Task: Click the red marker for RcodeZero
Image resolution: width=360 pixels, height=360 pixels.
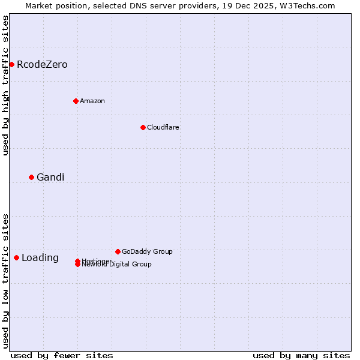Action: tap(11, 64)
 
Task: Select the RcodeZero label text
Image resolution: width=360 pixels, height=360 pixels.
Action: tap(42, 65)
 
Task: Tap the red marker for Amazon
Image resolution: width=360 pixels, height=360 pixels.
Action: tap(76, 101)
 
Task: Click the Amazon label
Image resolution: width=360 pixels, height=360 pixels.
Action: tap(92, 101)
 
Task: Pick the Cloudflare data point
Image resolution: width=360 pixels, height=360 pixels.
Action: tap(143, 127)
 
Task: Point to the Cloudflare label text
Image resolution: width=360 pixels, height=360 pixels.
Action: tap(163, 128)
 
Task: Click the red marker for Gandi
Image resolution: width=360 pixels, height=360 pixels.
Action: tap(31, 177)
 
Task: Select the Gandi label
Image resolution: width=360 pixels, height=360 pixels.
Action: tap(50, 178)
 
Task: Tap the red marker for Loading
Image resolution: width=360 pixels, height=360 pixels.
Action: tap(16, 257)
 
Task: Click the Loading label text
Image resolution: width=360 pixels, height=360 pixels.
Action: tap(40, 258)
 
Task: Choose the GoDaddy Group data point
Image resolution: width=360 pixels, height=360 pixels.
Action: tap(118, 251)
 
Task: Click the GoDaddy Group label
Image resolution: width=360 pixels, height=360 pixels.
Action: tap(147, 252)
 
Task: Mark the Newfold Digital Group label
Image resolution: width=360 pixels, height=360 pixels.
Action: tap(117, 265)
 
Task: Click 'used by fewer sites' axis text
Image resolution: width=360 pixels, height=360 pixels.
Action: tap(62, 356)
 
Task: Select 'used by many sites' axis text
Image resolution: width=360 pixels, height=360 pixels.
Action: tap(301, 356)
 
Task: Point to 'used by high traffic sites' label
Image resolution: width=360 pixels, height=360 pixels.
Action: tap(5, 85)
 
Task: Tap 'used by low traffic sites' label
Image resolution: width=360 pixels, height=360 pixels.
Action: tap(5, 280)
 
